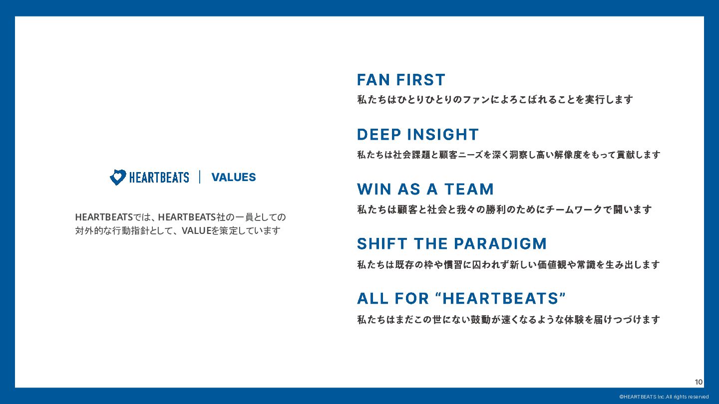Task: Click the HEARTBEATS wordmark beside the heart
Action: pos(159,178)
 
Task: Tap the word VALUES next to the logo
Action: pos(234,178)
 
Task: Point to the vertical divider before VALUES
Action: pos(200,177)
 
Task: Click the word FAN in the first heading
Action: pos(373,80)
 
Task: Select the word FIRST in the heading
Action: pos(420,80)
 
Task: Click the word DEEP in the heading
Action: pos(379,134)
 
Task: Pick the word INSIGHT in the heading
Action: pos(443,134)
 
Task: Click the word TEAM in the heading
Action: pos(469,189)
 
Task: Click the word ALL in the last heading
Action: pos(372,298)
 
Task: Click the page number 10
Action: pos(699,382)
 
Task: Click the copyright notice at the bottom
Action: pos(664,397)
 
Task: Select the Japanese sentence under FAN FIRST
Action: pos(495,100)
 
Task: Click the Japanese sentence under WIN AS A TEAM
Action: pos(504,209)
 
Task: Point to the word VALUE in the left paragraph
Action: pos(196,230)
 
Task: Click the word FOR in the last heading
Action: pos(411,298)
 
